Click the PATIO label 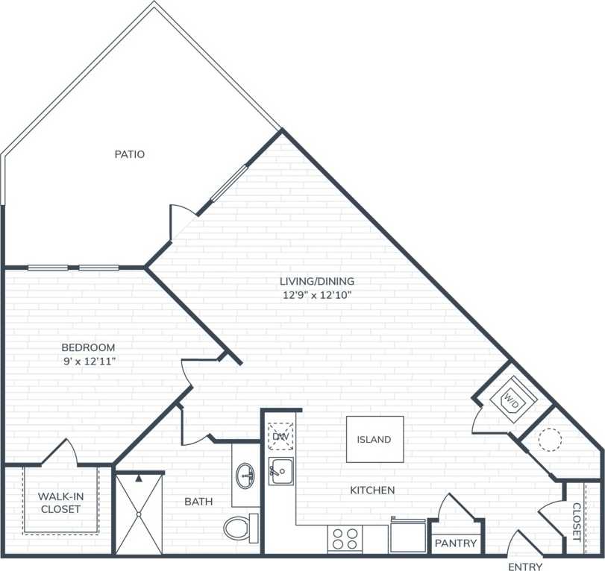click(x=129, y=154)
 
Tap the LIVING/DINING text click(x=316, y=281)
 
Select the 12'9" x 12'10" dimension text click(x=316, y=294)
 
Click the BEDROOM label click(x=88, y=347)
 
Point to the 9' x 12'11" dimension click(x=88, y=361)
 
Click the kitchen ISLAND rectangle click(x=374, y=439)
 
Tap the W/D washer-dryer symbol click(x=512, y=398)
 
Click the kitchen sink click(x=281, y=471)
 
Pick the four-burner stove click(x=345, y=538)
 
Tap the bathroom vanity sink click(x=244, y=474)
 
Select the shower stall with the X click(x=138, y=514)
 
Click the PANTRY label click(x=455, y=543)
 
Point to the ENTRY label click(x=525, y=567)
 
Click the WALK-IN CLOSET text click(x=60, y=502)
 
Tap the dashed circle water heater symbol click(x=550, y=440)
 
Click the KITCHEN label click(x=372, y=490)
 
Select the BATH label click(x=198, y=502)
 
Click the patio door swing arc click(x=182, y=215)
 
